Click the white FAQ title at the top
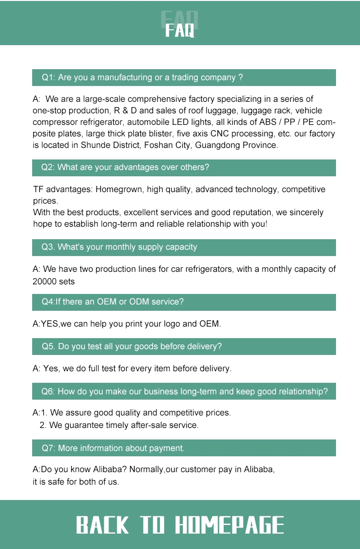point(180,30)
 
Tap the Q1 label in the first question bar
point(48,77)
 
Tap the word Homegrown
point(119,189)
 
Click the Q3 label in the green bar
point(48,247)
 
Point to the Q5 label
point(48,346)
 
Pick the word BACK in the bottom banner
point(103,525)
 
